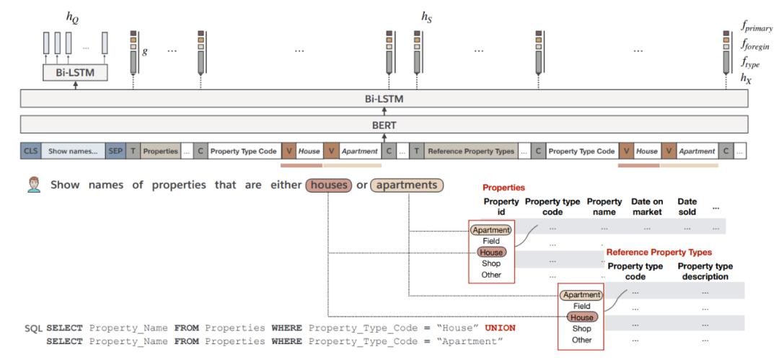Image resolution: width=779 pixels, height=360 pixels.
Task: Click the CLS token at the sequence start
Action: tap(30, 152)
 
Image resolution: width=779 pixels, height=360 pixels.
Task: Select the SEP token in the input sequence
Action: tap(115, 152)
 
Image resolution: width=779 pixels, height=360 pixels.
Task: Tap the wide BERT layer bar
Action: tap(384, 125)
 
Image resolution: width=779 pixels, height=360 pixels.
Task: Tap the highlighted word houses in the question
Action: tap(329, 185)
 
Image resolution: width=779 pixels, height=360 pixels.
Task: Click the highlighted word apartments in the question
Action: tap(408, 185)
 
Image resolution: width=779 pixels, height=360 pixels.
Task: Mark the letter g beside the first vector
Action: tap(146, 51)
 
